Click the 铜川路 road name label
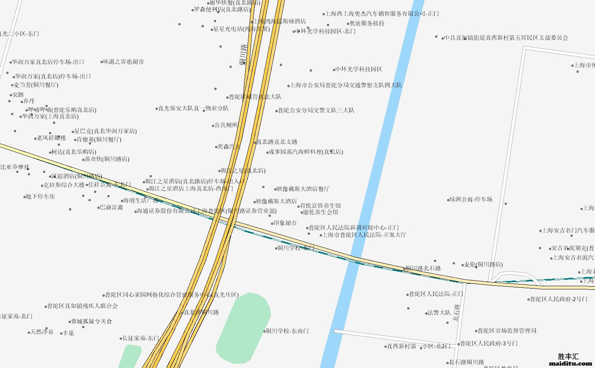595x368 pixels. point(243,54)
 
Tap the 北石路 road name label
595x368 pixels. point(457,313)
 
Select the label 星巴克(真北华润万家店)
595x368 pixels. point(105,131)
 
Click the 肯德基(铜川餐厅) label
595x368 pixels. point(99,140)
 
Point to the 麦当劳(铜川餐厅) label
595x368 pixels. point(36,85)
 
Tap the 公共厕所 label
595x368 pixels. point(226,125)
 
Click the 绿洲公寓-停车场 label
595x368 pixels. point(471,199)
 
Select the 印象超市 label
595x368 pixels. point(285,223)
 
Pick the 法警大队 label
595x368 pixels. point(439,313)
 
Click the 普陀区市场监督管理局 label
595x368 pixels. point(507,330)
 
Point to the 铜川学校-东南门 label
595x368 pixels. point(288,331)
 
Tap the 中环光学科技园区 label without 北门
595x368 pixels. point(359,69)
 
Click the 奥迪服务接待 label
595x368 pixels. point(367,24)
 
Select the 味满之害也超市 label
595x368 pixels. point(123,62)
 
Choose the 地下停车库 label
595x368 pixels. point(41,197)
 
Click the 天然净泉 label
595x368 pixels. point(42,332)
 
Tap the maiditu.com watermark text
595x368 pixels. point(571,363)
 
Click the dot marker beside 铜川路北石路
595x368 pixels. point(405,269)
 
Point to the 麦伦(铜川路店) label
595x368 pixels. point(483,265)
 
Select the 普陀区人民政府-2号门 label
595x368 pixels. point(559,299)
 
